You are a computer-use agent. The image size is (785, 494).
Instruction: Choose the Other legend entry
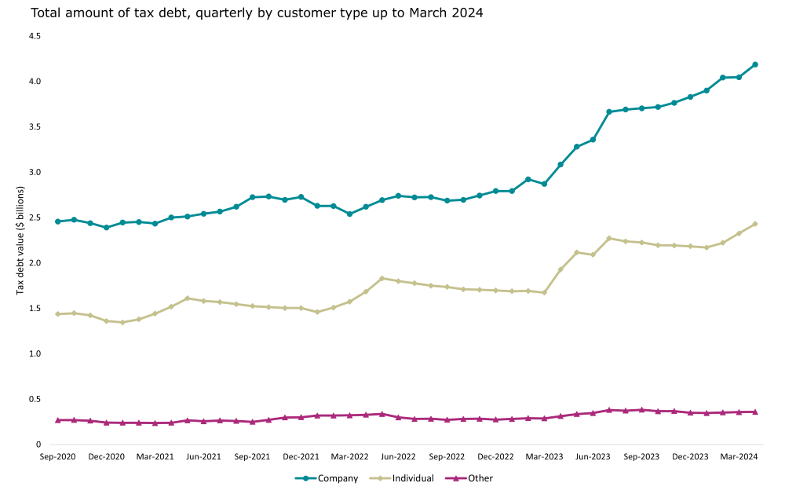point(474,478)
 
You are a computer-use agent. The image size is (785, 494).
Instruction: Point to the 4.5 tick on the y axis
point(35,36)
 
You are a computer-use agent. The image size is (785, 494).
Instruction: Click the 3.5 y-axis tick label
point(35,126)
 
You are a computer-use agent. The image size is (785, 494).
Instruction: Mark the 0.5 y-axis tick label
point(35,399)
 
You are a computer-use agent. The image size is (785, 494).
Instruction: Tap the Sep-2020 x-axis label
point(57,456)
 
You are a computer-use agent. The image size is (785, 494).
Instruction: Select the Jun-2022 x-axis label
point(398,456)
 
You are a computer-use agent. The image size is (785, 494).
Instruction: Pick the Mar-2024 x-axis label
point(739,456)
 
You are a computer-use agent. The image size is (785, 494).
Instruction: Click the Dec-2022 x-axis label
point(495,456)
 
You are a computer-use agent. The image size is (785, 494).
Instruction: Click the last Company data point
point(755,64)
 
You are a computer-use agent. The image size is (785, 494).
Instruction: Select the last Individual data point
point(755,224)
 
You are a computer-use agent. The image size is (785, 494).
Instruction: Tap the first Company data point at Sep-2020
point(57,221)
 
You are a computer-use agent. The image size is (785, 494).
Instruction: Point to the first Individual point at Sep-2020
point(57,314)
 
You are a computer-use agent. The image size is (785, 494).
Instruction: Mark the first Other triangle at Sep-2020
point(57,420)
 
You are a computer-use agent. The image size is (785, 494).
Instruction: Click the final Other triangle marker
point(755,412)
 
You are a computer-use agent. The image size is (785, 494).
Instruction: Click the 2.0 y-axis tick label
point(35,262)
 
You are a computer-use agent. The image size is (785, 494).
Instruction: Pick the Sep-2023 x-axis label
point(641,456)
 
